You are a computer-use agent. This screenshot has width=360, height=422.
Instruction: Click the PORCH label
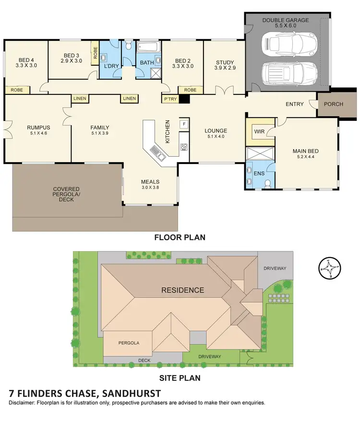333,105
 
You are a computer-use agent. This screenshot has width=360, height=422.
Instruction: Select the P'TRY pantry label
170,99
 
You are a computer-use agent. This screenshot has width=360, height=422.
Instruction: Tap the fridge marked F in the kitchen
183,124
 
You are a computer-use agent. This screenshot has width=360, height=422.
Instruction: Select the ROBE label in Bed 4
17,90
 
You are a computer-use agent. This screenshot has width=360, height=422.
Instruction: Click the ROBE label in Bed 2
190,90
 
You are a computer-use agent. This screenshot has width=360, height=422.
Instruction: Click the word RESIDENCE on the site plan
182,290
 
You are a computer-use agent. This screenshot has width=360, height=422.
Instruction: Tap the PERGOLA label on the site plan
129,343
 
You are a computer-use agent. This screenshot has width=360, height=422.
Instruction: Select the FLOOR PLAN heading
180,237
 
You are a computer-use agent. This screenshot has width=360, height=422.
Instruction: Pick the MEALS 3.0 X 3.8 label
150,185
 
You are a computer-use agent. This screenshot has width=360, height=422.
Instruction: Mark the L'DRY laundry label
111,66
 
